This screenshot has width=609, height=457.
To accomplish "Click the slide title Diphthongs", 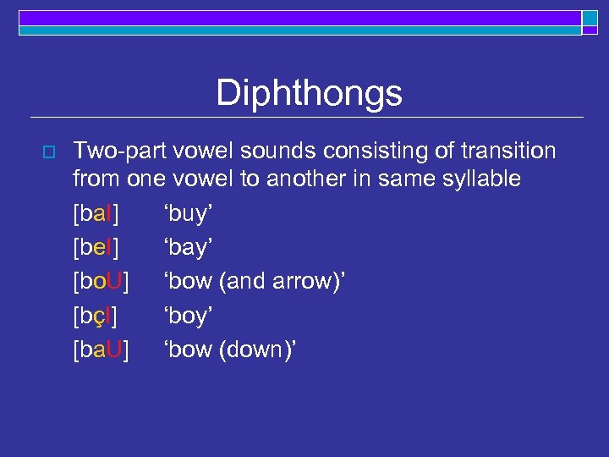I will coord(309,93).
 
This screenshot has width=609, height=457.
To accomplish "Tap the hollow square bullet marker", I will coord(47,151).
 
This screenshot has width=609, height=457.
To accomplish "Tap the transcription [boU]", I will coord(101,283).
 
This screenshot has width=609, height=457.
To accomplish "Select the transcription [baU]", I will coord(101,350).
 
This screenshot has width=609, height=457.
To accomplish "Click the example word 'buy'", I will coord(187,215).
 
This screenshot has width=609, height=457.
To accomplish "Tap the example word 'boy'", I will coord(187,317).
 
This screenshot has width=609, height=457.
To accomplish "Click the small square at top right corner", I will coord(590,19).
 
